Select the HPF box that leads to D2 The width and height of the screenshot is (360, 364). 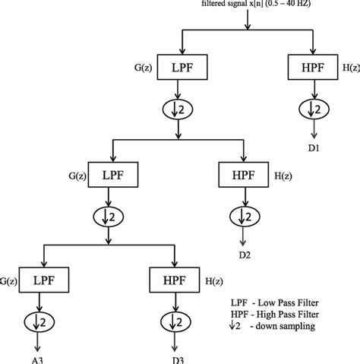point(242,175)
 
